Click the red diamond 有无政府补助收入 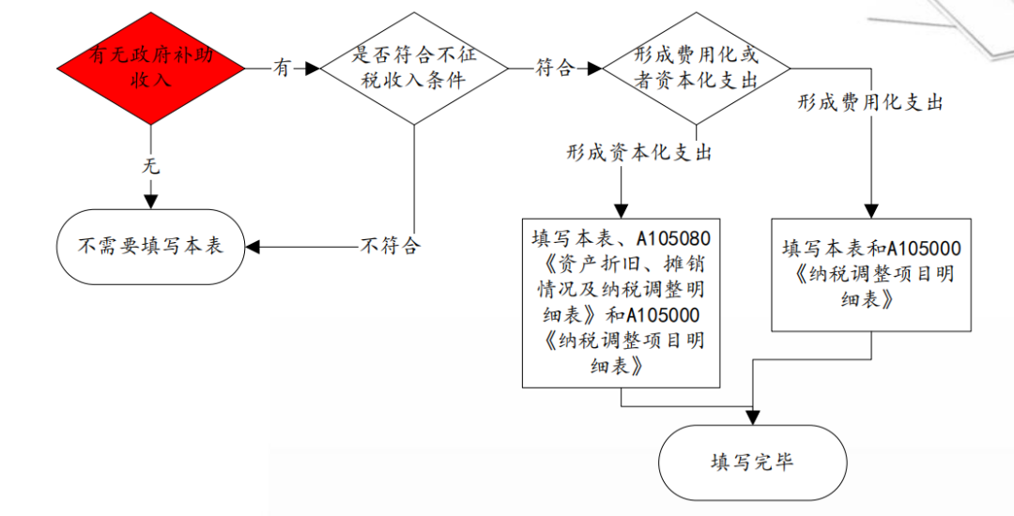coord(151,68)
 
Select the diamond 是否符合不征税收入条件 coord(414,68)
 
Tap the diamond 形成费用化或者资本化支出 coord(696,68)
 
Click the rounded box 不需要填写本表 coord(150,247)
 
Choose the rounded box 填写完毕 coord(753,463)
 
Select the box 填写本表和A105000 coord(871,274)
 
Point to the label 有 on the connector coord(282,68)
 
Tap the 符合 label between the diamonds coord(554,68)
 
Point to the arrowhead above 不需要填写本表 coord(150,202)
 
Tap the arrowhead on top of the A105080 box coord(621,211)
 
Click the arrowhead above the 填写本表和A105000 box coord(871,211)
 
